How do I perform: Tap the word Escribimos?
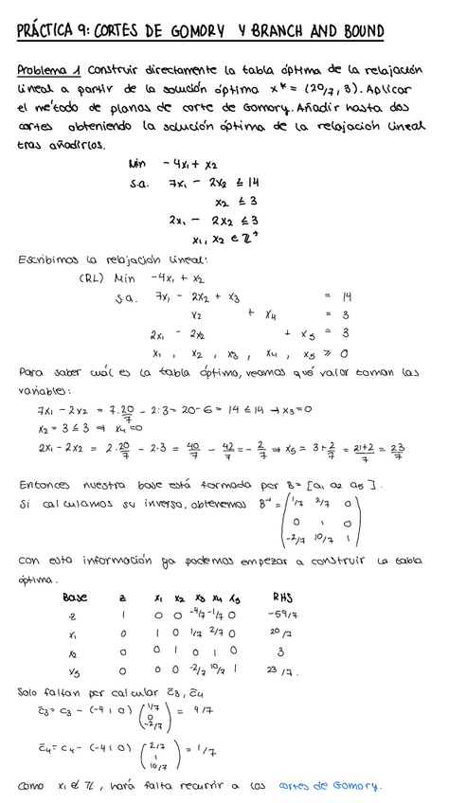pos(49,259)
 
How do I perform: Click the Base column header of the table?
pos(75,598)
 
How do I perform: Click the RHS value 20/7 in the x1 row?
pos(281,634)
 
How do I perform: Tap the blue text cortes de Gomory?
pos(330,785)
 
